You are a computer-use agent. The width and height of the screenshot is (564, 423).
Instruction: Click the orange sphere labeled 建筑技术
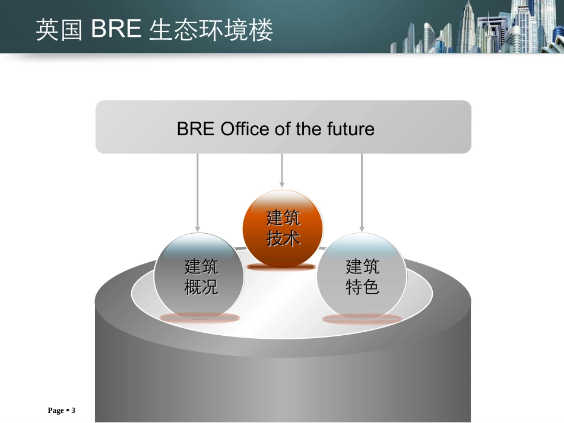coord(283,228)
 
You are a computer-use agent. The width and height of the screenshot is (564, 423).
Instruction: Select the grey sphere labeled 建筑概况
coord(199,277)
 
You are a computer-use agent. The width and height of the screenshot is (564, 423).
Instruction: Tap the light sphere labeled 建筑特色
coord(362,277)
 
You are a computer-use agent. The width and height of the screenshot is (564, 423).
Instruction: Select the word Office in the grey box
coord(246,129)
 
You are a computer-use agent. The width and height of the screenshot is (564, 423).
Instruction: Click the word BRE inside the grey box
coord(195,129)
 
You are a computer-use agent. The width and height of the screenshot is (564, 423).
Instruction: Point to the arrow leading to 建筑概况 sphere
coord(198,192)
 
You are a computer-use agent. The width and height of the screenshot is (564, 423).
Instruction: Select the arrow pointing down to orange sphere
coord(282,171)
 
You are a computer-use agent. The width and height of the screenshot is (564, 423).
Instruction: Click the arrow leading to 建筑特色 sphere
coord(362,192)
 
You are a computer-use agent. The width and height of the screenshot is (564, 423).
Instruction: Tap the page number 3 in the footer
coord(74,411)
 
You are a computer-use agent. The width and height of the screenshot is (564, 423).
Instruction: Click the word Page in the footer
coord(55,411)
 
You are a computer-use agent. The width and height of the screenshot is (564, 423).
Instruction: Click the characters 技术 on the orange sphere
coord(283,238)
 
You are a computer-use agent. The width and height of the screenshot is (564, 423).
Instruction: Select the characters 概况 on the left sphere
coord(201,287)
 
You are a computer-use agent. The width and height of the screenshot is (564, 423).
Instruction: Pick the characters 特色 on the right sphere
coord(362,287)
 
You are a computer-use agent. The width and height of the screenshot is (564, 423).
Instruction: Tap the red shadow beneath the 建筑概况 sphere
coord(199,317)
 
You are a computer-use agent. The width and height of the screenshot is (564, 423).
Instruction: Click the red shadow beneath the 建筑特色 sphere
coord(362,319)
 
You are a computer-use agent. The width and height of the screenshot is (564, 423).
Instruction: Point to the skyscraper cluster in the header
coord(475,30)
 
